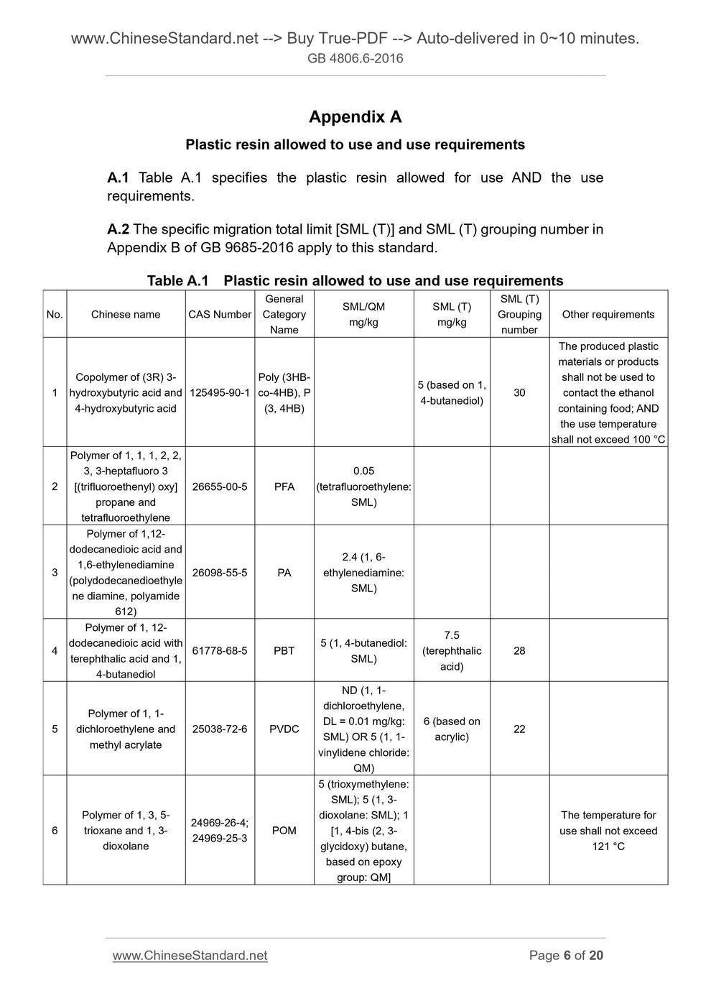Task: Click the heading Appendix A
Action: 355,117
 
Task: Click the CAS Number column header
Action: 220,314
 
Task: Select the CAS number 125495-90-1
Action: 220,392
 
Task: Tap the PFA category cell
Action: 284,486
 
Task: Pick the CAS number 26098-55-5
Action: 220,573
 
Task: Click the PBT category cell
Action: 284,650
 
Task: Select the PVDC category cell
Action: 284,729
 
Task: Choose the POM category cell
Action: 284,830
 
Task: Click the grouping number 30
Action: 519,392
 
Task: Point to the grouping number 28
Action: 519,650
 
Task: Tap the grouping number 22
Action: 519,729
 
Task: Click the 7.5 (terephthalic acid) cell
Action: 452,650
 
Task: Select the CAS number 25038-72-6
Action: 220,729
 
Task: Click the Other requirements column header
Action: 608,314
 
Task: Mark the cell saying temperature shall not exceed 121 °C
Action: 608,830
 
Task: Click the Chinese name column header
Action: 126,314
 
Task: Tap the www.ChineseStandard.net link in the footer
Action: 190,955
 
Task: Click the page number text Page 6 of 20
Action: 566,955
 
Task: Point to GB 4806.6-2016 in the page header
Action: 355,58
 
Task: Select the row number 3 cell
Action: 55,573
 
